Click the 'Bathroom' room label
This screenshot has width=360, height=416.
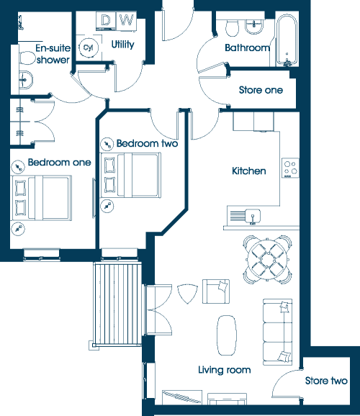247,48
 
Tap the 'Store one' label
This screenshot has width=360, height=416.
261,90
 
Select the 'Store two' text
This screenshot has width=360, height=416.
326,381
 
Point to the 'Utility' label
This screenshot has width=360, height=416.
122,45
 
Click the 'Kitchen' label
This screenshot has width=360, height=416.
249,171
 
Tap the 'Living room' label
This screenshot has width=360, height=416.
225,370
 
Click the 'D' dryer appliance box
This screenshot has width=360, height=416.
106,20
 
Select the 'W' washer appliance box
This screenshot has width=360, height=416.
127,20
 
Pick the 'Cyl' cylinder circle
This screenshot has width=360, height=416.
89,48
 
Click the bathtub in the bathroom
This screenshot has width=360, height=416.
287,40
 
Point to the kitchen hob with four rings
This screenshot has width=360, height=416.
290,168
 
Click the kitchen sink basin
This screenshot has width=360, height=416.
253,216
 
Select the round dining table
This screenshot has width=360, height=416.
268,259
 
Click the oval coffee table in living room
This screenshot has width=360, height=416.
227,335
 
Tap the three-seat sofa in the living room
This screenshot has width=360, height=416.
277,332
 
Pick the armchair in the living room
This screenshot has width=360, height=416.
216,291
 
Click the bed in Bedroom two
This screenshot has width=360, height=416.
130,175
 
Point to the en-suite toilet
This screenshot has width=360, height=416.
27,58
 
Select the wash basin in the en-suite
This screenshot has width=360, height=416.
26,79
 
